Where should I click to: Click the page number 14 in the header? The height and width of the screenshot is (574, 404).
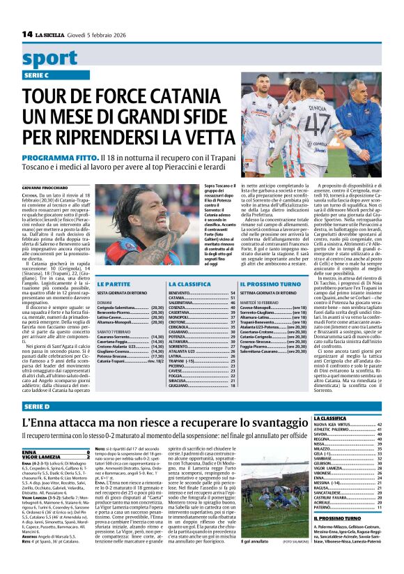pyautogui.click(x=27, y=34)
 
